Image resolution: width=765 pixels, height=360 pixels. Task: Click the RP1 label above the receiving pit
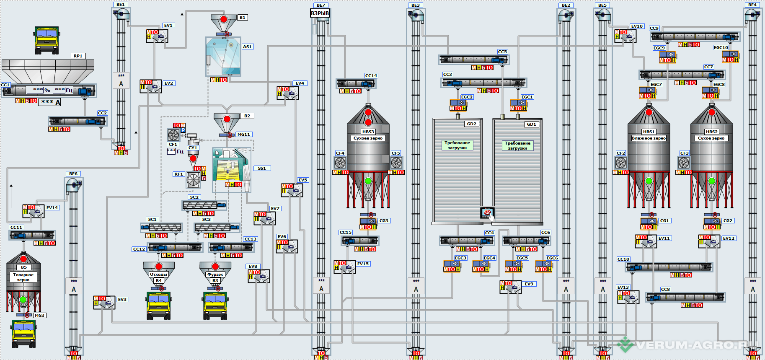pyautogui.click(x=78, y=56)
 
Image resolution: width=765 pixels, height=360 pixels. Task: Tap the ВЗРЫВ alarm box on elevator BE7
pyautogui.click(x=320, y=13)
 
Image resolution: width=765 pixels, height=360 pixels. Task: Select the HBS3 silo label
pyautogui.click(x=368, y=132)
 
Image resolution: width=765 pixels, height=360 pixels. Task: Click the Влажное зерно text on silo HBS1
pyautogui.click(x=649, y=138)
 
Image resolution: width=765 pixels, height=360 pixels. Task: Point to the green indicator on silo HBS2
pyautogui.click(x=711, y=181)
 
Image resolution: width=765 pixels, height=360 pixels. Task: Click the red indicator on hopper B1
pyautogui.click(x=224, y=19)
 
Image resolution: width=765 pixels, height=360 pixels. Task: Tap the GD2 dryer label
pyautogui.click(x=471, y=124)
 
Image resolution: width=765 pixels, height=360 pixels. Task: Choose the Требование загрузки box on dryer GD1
pyautogui.click(x=517, y=145)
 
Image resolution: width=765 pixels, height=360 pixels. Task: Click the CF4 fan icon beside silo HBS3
pyautogui.click(x=340, y=162)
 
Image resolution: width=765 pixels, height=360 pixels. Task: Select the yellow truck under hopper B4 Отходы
pyautogui.click(x=159, y=305)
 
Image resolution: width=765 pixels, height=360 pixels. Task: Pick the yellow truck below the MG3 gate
pyautogui.click(x=24, y=333)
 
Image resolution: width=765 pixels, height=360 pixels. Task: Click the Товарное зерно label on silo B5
pyautogui.click(x=23, y=277)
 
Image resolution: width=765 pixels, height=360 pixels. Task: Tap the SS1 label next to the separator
pyautogui.click(x=262, y=168)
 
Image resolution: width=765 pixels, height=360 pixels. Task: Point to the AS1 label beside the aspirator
pyautogui.click(x=247, y=47)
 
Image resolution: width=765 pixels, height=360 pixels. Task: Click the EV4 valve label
pyautogui.click(x=300, y=83)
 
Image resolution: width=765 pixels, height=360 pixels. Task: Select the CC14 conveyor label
pyautogui.click(x=371, y=75)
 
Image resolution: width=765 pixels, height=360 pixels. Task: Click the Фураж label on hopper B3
pyautogui.click(x=215, y=274)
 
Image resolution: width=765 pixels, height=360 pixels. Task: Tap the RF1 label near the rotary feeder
pyautogui.click(x=179, y=174)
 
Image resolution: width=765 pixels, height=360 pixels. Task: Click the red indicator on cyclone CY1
pyautogui.click(x=193, y=158)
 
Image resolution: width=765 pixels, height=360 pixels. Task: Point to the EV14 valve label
pyautogui.click(x=52, y=207)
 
